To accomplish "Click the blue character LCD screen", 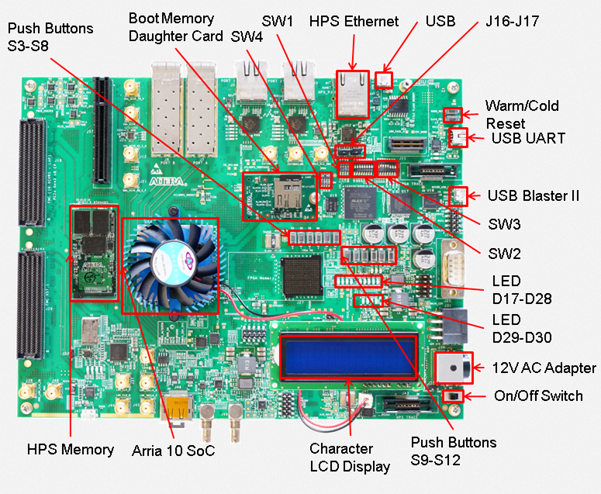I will click(x=348, y=357).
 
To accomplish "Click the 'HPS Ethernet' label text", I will click(x=354, y=22).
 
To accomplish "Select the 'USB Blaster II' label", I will click(x=533, y=195).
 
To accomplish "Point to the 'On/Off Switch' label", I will click(x=538, y=396).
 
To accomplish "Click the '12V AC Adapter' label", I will click(x=544, y=368).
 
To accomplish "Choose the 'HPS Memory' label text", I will click(x=71, y=449).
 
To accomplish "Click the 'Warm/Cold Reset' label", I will click(x=521, y=114).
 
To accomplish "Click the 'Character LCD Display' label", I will click(x=350, y=458).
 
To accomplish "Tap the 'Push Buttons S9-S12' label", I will click(x=453, y=451).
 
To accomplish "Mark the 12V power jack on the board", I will click(x=451, y=367).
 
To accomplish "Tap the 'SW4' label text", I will click(x=247, y=43).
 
